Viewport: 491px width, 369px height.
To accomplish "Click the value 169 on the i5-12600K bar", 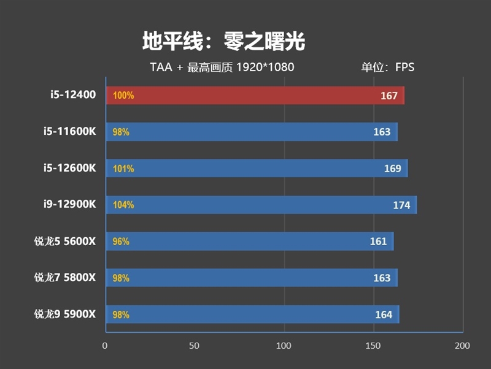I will pyautogui.click(x=392, y=169).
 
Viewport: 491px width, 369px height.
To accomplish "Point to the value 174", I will pyautogui.click(x=401, y=205).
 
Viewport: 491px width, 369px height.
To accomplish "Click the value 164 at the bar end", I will pyautogui.click(x=384, y=315).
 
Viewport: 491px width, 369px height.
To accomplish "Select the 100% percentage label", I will pyautogui.click(x=123, y=96).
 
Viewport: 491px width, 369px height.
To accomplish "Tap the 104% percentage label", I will pyautogui.click(x=123, y=205).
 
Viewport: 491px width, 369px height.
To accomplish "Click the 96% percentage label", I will pyautogui.click(x=121, y=242).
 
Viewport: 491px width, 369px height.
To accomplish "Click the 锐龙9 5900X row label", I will pyautogui.click(x=65, y=314).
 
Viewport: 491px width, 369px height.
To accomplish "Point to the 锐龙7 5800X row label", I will pyautogui.click(x=65, y=278).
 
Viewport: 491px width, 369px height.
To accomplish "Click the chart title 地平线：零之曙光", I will pyautogui.click(x=223, y=42).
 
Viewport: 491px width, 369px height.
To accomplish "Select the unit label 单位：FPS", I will pyautogui.click(x=387, y=67).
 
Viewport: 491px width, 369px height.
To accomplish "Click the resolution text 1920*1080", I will pyautogui.click(x=265, y=67).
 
